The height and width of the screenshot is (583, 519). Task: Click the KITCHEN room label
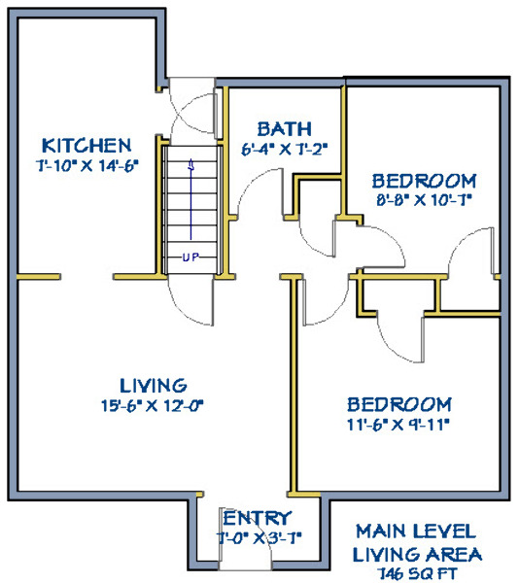(x=86, y=146)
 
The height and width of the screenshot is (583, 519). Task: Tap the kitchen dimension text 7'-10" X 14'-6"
(x=87, y=165)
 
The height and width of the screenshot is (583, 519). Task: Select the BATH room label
(x=285, y=129)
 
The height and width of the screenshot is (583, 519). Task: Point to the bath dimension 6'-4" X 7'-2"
(x=285, y=150)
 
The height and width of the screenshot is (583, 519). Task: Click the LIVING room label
(x=154, y=386)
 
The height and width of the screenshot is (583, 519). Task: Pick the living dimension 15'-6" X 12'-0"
(x=153, y=405)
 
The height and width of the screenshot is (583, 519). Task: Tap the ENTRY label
(x=257, y=518)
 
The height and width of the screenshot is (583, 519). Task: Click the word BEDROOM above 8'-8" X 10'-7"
(x=424, y=181)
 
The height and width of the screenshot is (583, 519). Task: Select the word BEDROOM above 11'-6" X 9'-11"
(x=399, y=404)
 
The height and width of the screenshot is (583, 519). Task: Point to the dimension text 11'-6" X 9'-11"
(x=398, y=425)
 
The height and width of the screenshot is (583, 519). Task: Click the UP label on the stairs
(x=190, y=257)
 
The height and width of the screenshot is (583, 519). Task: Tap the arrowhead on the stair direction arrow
(x=191, y=164)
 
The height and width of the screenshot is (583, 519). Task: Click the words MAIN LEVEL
(x=416, y=532)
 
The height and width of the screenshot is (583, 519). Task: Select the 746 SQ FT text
(x=417, y=573)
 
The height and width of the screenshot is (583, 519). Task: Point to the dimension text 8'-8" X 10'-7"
(x=424, y=201)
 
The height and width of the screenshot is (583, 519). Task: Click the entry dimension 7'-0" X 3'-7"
(x=259, y=538)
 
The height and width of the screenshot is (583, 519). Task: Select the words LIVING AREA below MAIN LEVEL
(x=417, y=555)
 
